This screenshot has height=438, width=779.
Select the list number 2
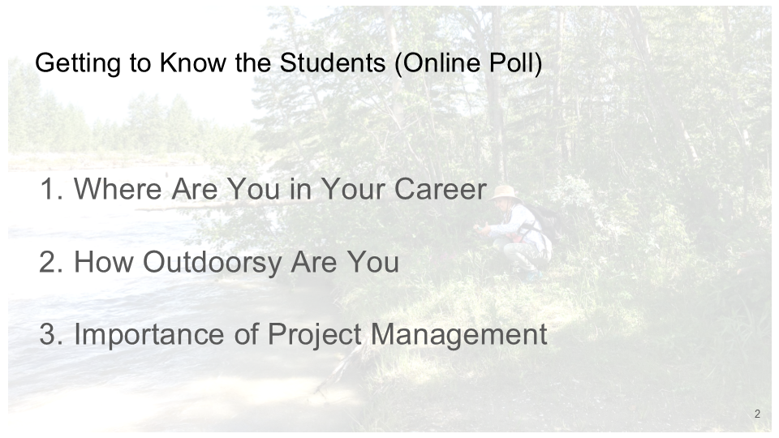[51, 262]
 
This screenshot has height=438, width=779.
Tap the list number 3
[51, 334]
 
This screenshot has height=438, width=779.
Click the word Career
[440, 189]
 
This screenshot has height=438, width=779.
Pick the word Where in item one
[118, 189]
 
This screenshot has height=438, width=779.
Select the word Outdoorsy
[213, 263]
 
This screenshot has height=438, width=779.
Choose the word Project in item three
[314, 336]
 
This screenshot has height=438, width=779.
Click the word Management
[458, 336]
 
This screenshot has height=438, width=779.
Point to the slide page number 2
[757, 414]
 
